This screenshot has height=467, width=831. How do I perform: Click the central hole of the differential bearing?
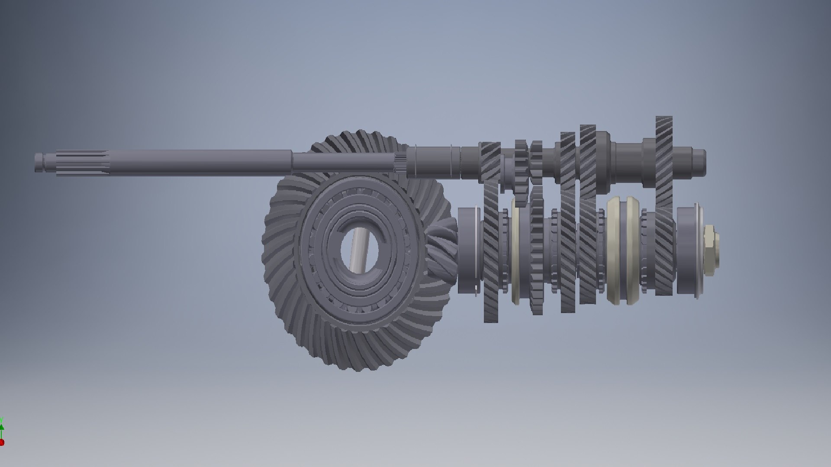coord(360,250)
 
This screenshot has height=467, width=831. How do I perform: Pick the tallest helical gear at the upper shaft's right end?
coord(664,151)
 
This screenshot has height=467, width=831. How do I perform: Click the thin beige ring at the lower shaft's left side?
coord(516,251)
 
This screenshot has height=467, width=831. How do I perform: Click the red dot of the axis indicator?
coord(2,442)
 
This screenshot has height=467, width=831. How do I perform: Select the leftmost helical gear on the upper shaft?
coord(490,162)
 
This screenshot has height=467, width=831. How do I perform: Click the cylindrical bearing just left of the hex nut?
coord(688,251)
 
